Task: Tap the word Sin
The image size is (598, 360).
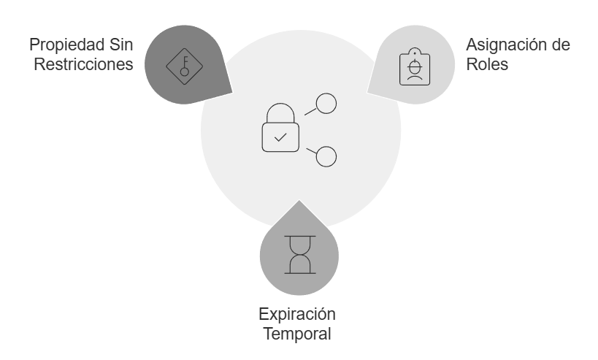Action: [120, 45]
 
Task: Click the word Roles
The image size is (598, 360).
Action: [486, 64]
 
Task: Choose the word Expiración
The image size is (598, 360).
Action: [296, 315]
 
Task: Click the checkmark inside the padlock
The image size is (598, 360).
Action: [280, 137]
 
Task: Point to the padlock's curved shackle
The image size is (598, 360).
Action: [280, 112]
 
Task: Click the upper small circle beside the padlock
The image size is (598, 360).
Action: [326, 104]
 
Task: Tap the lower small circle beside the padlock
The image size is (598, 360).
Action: [326, 156]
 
